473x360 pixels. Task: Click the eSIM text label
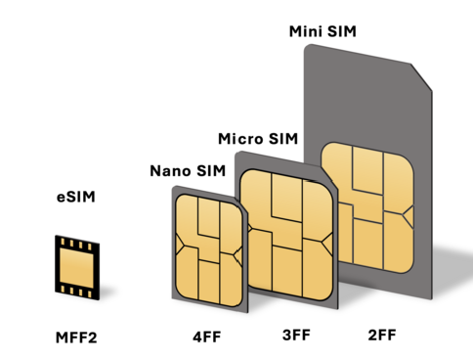(x=76, y=197)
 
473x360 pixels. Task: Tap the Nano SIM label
(x=188, y=171)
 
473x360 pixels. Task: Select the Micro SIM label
(x=258, y=139)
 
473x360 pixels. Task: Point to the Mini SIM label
(x=322, y=31)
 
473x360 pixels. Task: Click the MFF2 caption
(x=76, y=337)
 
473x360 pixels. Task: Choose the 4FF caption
(x=207, y=337)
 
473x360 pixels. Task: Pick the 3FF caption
(x=296, y=336)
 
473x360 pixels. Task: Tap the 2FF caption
(x=382, y=336)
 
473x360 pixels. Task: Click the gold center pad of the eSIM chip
(x=77, y=268)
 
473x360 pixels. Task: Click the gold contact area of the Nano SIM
(x=209, y=250)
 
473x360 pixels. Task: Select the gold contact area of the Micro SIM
(x=286, y=234)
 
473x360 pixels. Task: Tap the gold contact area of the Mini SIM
(x=367, y=207)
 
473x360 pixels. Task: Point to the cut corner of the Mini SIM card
(x=421, y=77)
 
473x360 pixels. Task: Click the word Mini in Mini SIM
(x=306, y=31)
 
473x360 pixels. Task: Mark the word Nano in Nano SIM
(x=169, y=171)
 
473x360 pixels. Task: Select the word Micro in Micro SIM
(x=240, y=139)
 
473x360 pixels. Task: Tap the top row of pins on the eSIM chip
(x=77, y=245)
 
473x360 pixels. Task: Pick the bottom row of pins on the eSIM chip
(x=77, y=292)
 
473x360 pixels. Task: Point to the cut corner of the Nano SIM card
(x=242, y=204)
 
